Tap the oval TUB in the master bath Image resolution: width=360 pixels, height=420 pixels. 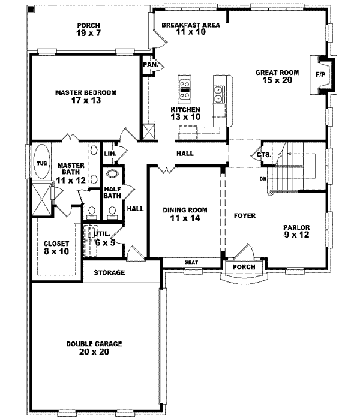[x=41, y=163]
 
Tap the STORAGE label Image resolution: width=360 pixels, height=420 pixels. [x=109, y=273]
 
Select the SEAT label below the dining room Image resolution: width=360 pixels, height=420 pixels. [x=191, y=262]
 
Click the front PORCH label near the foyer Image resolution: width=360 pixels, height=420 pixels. [x=244, y=267]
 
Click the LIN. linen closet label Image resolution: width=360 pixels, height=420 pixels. [x=109, y=154]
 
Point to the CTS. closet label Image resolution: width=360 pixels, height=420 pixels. [x=263, y=154]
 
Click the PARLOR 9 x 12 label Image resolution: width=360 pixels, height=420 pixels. [x=296, y=232]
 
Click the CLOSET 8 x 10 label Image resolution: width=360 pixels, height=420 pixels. [x=56, y=248]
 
